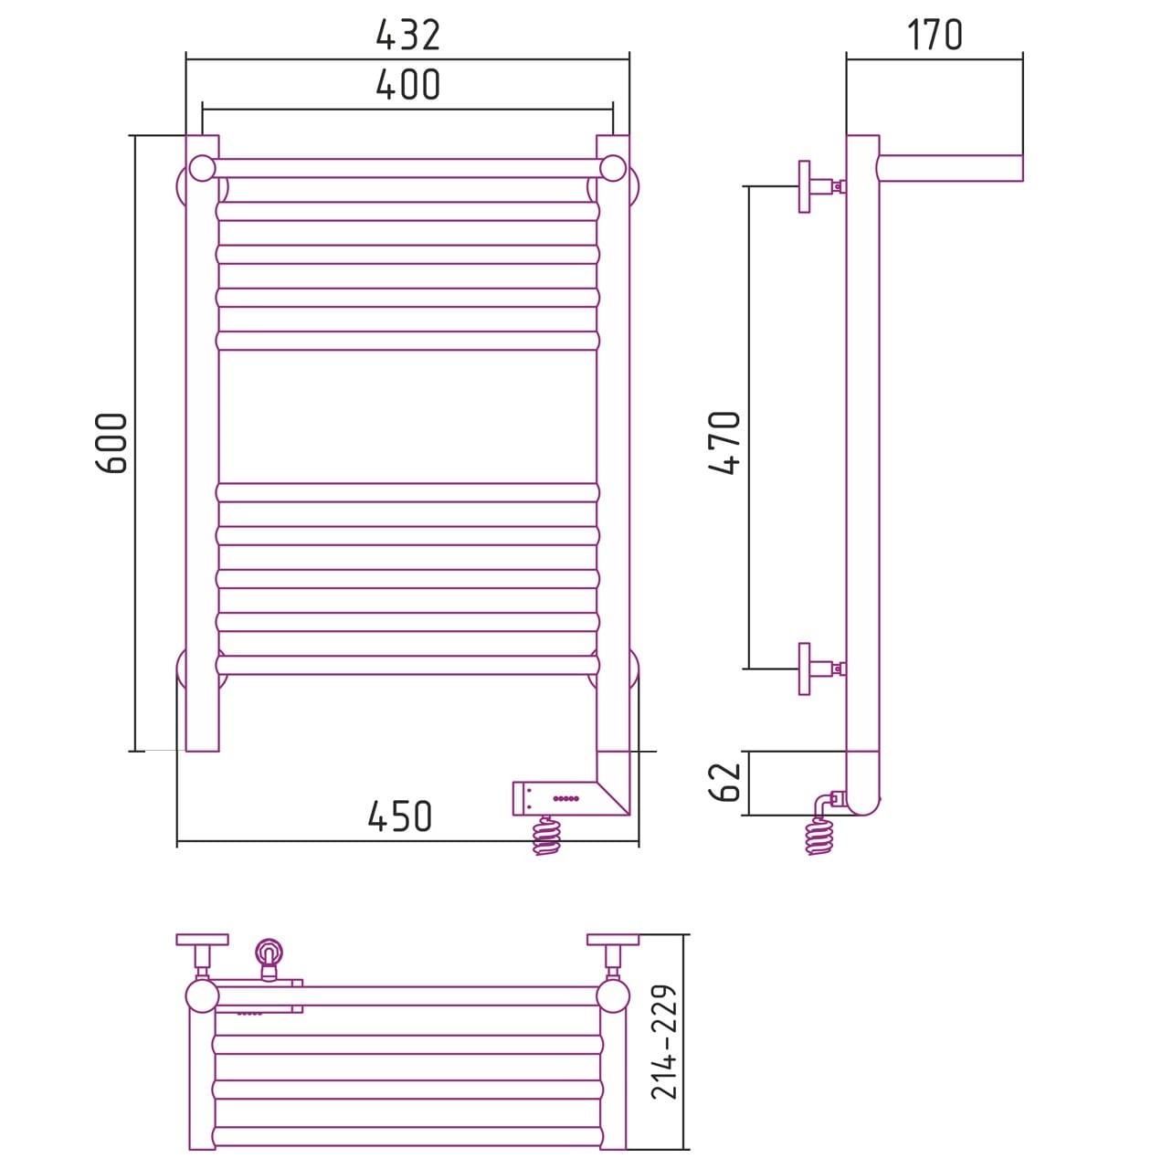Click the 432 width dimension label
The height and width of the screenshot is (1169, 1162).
(x=407, y=36)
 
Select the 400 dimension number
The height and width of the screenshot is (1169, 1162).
(x=407, y=84)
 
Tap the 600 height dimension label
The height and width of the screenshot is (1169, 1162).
(x=111, y=443)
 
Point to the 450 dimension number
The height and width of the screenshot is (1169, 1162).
(x=399, y=816)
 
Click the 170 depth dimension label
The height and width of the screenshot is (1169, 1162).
(x=935, y=35)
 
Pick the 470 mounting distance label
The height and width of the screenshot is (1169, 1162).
(x=725, y=443)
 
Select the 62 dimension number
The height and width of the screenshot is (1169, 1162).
(x=725, y=782)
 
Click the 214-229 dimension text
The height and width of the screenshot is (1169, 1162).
(x=663, y=1042)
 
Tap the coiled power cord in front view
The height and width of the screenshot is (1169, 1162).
(x=545, y=836)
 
